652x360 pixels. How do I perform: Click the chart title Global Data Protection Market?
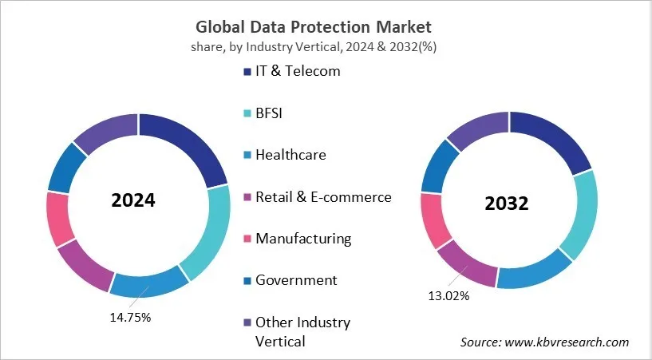[326, 27]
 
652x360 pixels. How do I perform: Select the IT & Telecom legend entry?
[297, 71]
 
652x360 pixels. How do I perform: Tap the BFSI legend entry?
[269, 113]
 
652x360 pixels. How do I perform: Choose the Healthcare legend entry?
[290, 155]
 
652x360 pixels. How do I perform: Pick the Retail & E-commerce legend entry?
[322, 196]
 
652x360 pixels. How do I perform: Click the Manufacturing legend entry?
[302, 238]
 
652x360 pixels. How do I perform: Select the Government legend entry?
[295, 280]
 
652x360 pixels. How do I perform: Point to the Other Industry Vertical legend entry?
[302, 331]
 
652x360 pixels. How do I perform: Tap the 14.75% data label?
[129, 317]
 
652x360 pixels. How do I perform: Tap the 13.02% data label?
[448, 296]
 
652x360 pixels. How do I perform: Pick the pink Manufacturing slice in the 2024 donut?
[61, 218]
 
